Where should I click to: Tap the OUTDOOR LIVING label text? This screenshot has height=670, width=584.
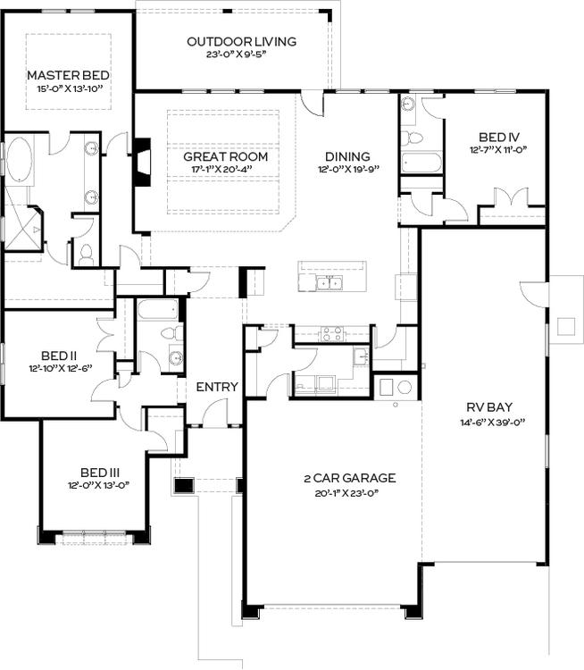click(x=241, y=41)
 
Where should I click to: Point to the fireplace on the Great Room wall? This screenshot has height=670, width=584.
click(x=141, y=162)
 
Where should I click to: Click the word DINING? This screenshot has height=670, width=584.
click(x=347, y=156)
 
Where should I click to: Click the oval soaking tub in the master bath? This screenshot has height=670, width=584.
click(x=19, y=161)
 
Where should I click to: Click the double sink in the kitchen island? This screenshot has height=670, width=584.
click(x=330, y=284)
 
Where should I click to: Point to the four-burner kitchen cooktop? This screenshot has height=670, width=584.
click(x=332, y=334)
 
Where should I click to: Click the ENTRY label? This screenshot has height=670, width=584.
click(x=217, y=387)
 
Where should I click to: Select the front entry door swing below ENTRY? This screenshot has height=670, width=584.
click(x=214, y=413)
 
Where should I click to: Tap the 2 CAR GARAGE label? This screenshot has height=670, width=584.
click(x=349, y=478)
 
